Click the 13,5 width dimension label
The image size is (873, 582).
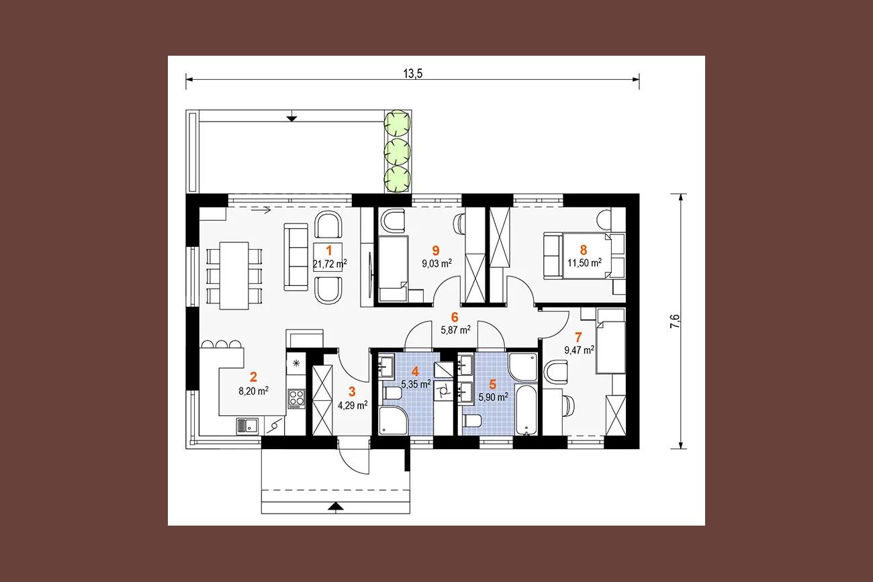click(x=413, y=73)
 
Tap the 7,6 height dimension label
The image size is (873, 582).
click(x=675, y=322)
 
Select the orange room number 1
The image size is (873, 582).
click(x=329, y=250)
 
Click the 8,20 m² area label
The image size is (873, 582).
click(x=254, y=391)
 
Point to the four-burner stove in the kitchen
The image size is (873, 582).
click(x=296, y=399)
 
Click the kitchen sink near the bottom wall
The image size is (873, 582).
click(x=247, y=426)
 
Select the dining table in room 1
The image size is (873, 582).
click(x=234, y=275)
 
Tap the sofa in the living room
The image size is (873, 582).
click(x=295, y=257)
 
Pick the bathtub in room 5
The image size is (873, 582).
click(x=526, y=409)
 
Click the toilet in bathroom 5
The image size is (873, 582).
click(x=472, y=421)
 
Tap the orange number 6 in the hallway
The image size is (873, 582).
click(x=455, y=317)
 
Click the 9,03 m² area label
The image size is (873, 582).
click(x=437, y=263)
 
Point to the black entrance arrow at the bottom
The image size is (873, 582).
click(x=336, y=506)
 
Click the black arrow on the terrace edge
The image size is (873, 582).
click(x=291, y=119)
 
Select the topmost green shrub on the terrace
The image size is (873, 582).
click(x=398, y=123)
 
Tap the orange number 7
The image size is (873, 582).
click(x=578, y=337)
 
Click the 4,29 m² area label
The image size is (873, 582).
click(x=353, y=405)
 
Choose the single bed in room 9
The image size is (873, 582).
click(x=394, y=269)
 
